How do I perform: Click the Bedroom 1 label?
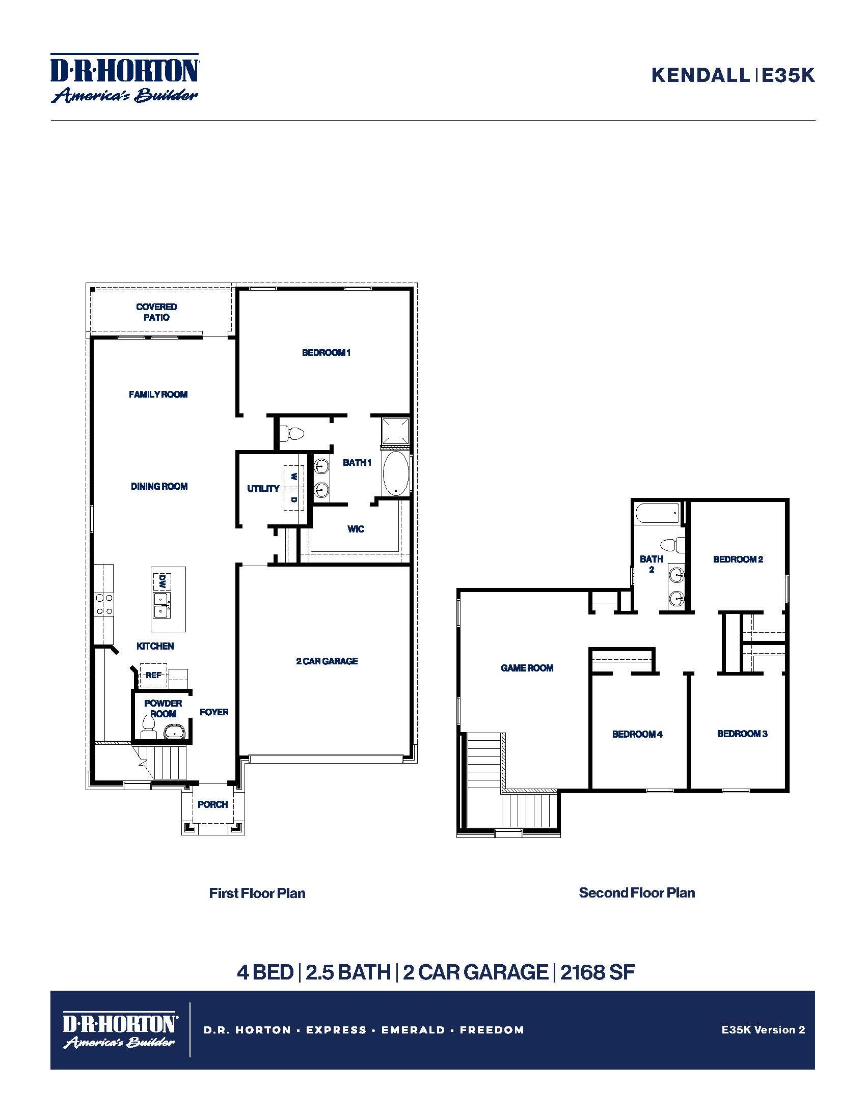click(327, 352)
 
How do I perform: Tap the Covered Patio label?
click(156, 312)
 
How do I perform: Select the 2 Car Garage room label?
click(327, 661)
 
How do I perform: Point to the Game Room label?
click(527, 668)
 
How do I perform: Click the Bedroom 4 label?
click(637, 734)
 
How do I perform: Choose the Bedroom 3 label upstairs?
click(742, 733)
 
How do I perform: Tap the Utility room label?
click(263, 489)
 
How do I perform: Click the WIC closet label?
click(356, 529)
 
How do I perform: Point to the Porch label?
click(212, 804)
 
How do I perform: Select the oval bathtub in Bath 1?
click(395, 473)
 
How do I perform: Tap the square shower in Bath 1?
click(395, 432)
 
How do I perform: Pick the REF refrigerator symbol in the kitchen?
click(153, 676)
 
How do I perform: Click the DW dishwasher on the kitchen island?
click(161, 581)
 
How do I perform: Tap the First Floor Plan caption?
click(257, 893)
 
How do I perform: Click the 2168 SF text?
click(598, 972)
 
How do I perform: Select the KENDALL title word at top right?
click(700, 75)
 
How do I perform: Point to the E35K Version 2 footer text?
click(764, 1029)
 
